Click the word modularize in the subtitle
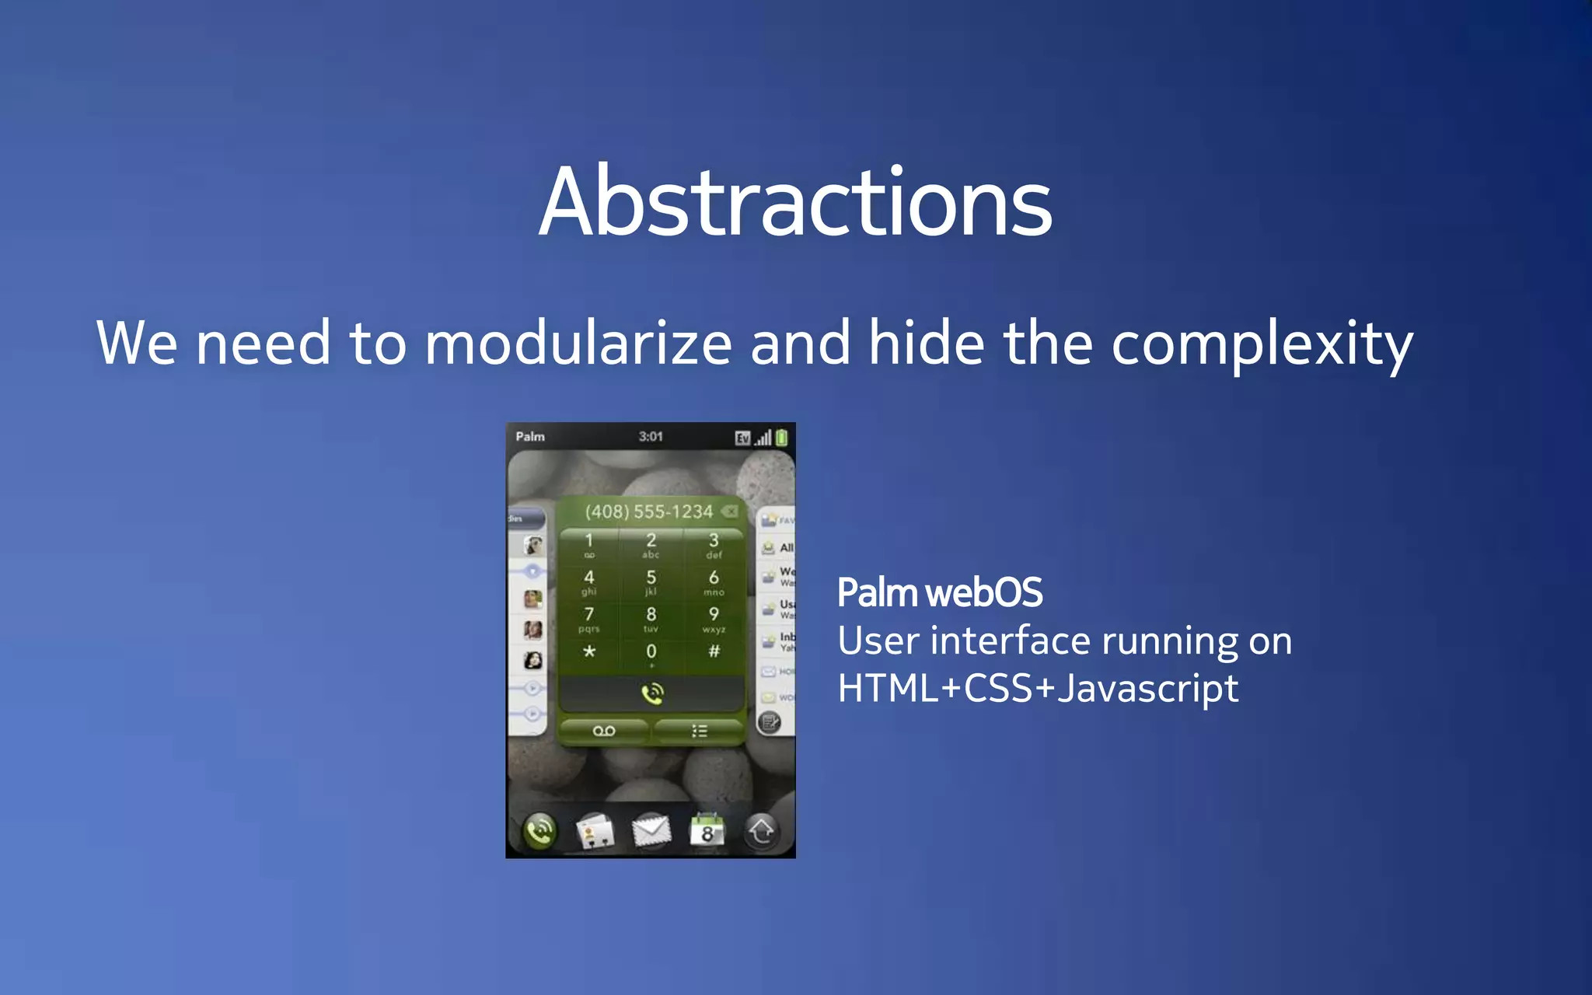578,343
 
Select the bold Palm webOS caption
940,592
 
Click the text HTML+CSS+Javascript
1038,689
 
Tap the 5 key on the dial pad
651,581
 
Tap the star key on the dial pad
589,651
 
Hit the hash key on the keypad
714,651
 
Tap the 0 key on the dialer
651,653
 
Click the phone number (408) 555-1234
649,511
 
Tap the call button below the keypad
651,693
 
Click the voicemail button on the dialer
604,731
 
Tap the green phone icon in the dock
539,832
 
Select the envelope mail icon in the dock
651,830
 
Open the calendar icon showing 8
707,830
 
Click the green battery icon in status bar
782,438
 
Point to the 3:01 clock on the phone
651,437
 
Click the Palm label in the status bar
530,437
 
